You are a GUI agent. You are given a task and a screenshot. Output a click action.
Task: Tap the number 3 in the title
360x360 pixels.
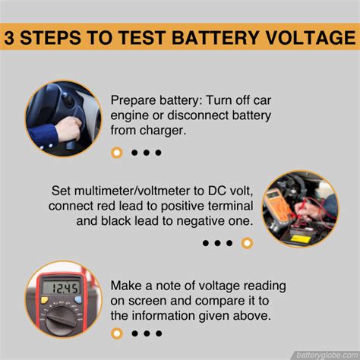[x=9, y=38]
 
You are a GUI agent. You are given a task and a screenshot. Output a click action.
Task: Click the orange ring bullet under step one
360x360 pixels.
[x=117, y=153]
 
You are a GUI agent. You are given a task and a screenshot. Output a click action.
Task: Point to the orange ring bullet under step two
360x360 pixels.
[x=247, y=243]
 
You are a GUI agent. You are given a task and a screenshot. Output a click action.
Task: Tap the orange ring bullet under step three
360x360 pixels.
[x=117, y=333]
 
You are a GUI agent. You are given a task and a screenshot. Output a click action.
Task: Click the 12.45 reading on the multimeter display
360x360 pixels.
[x=65, y=289]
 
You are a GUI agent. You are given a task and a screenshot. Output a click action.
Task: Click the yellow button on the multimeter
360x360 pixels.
[x=45, y=300]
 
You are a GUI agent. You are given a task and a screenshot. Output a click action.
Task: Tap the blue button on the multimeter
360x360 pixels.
[x=78, y=300]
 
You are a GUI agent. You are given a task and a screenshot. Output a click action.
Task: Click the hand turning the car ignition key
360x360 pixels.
[x=68, y=130]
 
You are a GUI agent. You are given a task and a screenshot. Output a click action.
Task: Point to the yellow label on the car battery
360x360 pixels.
[x=300, y=238]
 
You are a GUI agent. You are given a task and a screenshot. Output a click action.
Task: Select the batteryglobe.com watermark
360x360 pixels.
[x=327, y=355]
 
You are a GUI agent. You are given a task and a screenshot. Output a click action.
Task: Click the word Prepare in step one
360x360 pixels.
[x=133, y=100]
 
